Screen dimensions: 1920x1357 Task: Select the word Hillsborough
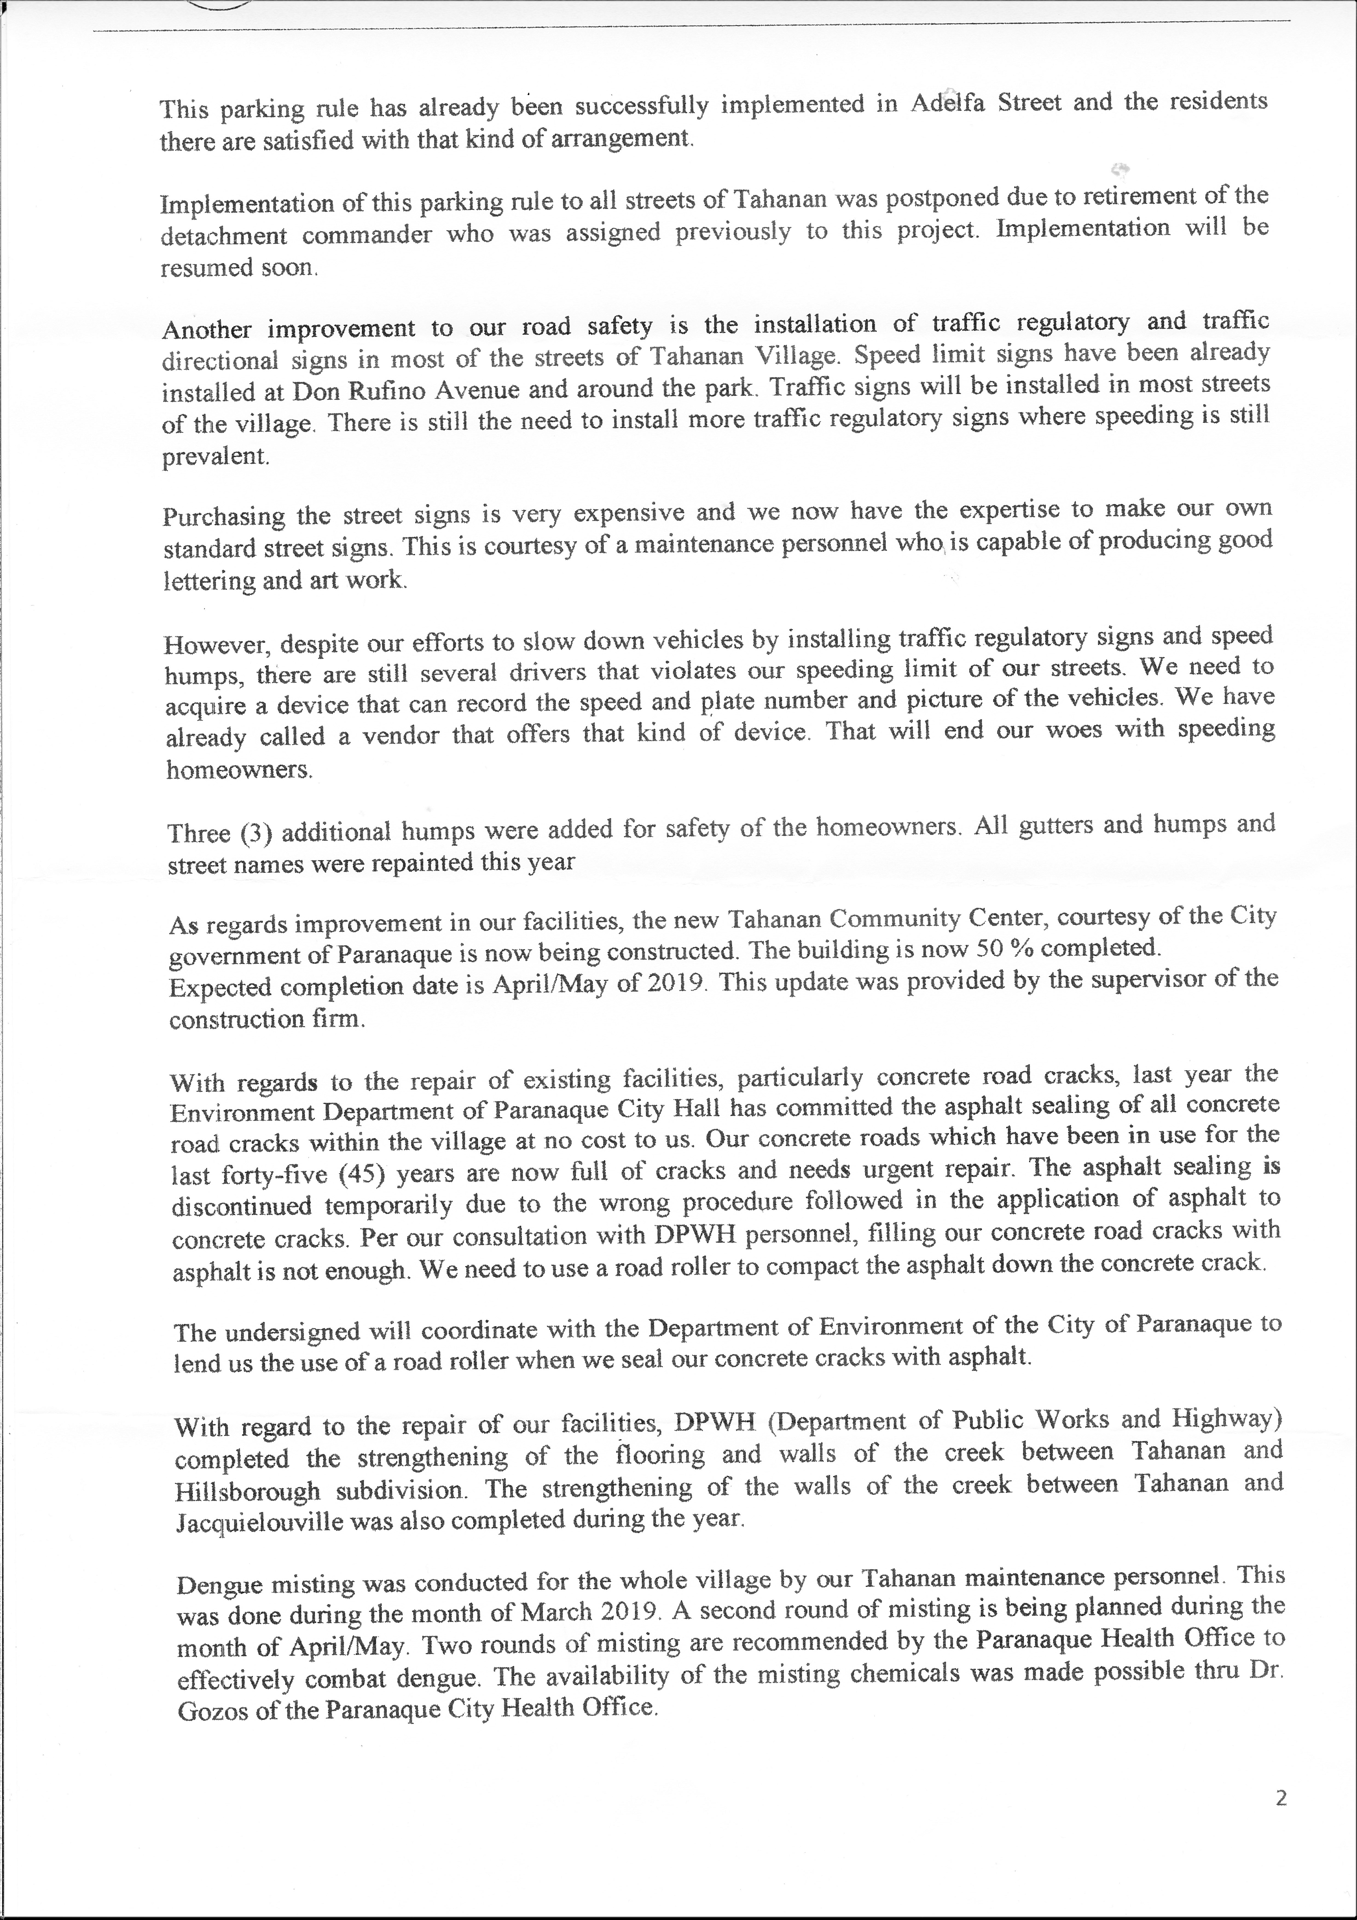(x=248, y=1491)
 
